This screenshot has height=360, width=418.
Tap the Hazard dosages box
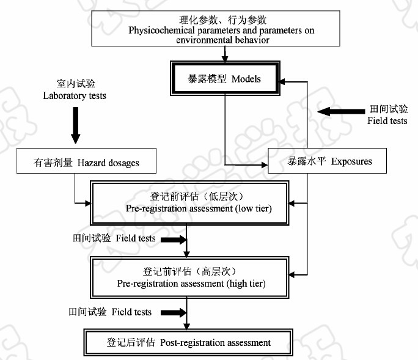(87, 163)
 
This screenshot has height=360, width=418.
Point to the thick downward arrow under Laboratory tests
(75, 124)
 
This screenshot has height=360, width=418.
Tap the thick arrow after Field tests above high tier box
(172, 239)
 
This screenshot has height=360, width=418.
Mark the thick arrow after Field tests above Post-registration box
(173, 312)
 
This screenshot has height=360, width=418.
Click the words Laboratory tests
(75, 96)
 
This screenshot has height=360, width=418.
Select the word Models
(246, 79)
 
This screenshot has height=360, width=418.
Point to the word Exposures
(351, 162)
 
